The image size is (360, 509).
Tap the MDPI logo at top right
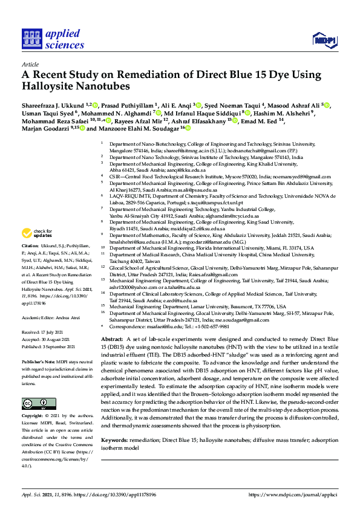tap(324, 40)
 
